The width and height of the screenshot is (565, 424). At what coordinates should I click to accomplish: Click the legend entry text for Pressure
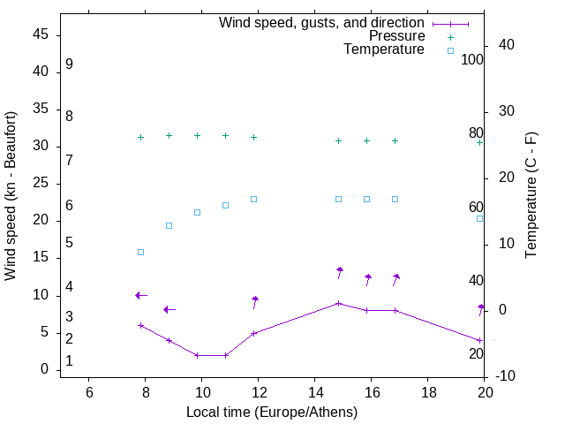(x=396, y=36)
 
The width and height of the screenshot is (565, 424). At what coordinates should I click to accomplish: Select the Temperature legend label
(x=384, y=49)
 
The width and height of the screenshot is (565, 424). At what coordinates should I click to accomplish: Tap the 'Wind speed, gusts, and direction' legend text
(x=322, y=23)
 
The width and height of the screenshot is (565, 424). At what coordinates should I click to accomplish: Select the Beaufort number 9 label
(x=69, y=64)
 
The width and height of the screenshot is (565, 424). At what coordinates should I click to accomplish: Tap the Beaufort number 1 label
(x=69, y=361)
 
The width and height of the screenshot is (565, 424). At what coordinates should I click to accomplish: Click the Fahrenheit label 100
(x=473, y=59)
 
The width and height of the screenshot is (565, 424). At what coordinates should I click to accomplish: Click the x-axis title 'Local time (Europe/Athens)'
(x=272, y=412)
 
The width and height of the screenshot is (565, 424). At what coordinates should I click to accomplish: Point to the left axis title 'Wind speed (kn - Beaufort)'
(x=11, y=196)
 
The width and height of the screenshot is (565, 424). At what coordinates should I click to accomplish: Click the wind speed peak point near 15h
(x=339, y=303)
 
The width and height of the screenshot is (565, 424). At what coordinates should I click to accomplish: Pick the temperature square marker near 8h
(x=140, y=252)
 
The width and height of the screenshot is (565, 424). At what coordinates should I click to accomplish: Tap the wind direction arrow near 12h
(x=254, y=302)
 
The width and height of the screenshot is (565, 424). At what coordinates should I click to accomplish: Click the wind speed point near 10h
(x=197, y=355)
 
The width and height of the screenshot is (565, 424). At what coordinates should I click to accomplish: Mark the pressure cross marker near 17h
(x=395, y=140)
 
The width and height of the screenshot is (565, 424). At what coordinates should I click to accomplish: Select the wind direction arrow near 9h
(x=169, y=309)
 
